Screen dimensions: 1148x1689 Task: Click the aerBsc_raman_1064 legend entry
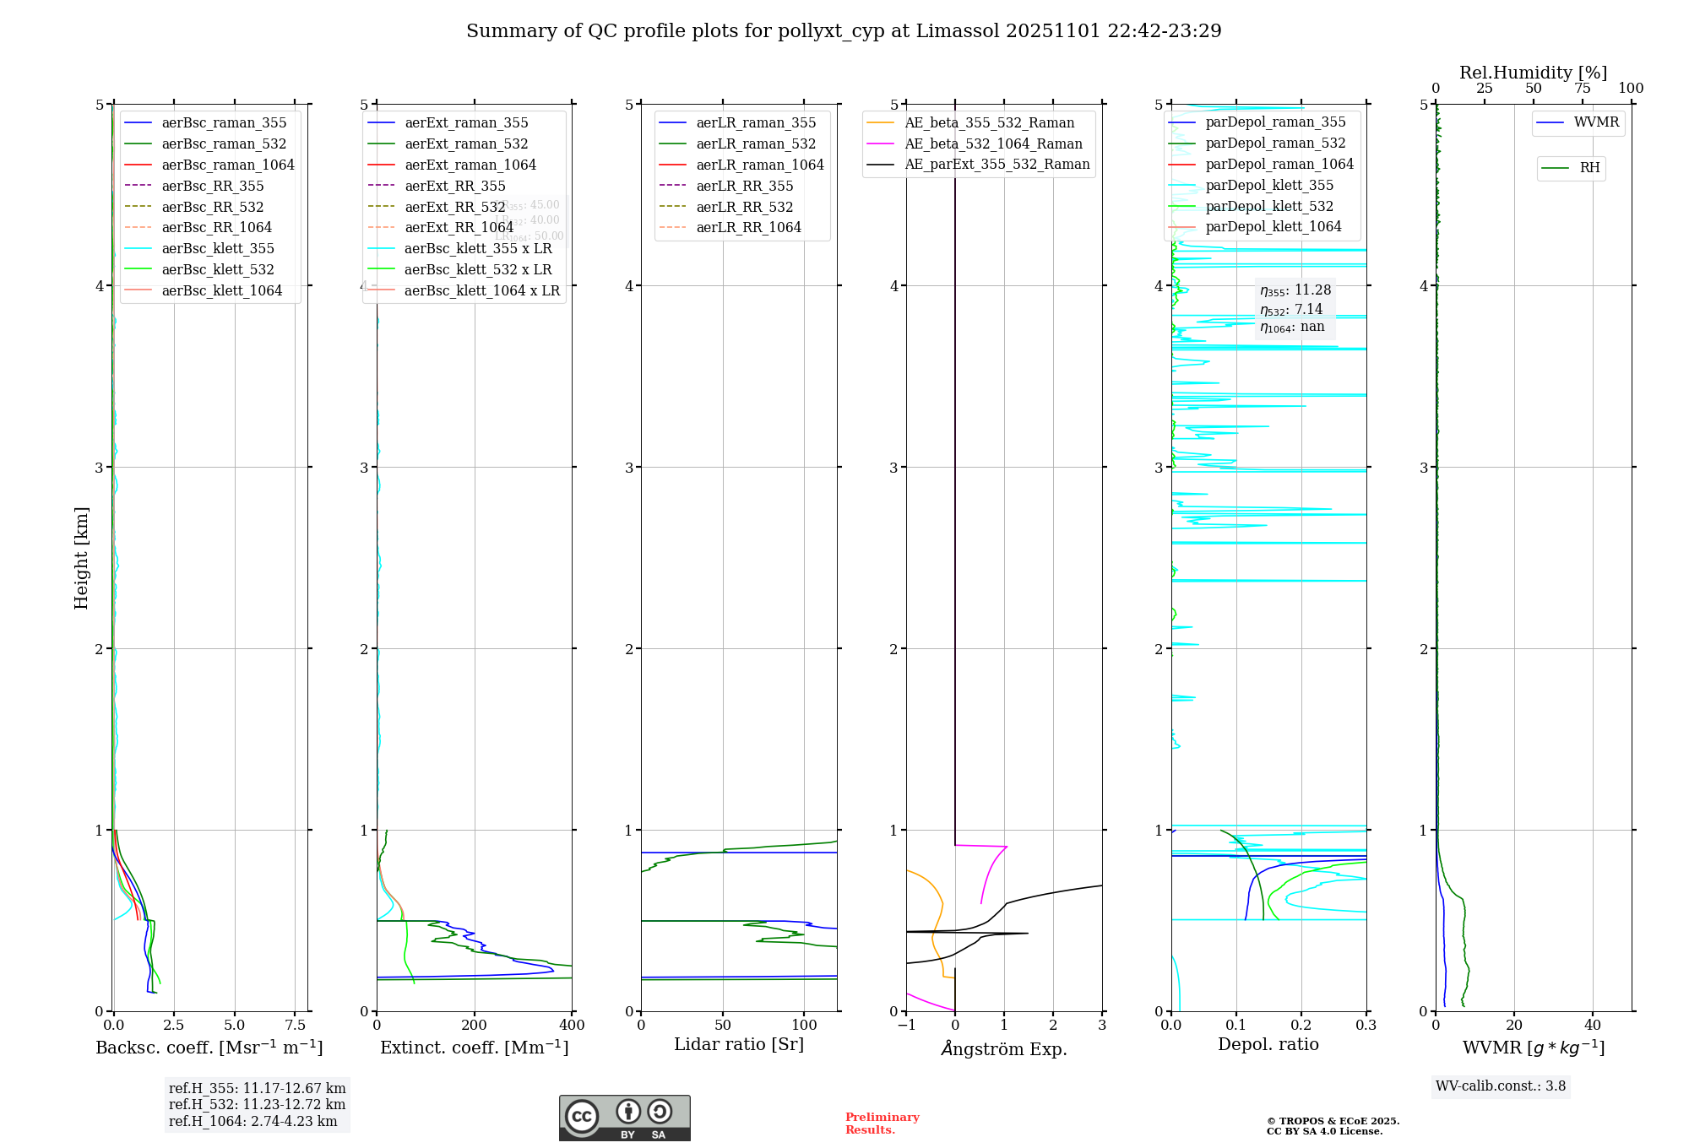[x=228, y=165]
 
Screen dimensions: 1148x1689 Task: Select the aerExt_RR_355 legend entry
[x=454, y=186]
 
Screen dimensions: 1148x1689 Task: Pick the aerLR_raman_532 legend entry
[x=756, y=143]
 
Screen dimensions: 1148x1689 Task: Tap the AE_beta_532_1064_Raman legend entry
[x=993, y=143]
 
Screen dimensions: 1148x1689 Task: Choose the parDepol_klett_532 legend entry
[x=1269, y=206]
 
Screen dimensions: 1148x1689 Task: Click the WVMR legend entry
[x=1596, y=122]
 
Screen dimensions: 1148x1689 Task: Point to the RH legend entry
[x=1589, y=168]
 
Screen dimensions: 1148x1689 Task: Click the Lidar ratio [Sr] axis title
[x=739, y=1044]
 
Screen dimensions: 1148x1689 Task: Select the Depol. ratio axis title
[x=1268, y=1044]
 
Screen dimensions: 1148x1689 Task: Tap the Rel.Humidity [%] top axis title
[x=1533, y=73]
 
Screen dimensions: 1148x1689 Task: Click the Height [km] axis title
[x=81, y=557]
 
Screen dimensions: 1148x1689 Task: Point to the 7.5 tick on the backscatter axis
[x=295, y=1026]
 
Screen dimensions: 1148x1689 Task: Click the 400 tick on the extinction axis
[x=572, y=1026]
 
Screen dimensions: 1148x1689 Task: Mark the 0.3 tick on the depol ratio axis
[x=1366, y=1026]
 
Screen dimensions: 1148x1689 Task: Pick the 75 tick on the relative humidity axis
[x=1582, y=88]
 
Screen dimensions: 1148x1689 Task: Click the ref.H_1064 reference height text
[x=253, y=1121]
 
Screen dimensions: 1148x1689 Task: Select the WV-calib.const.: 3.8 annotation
[x=1500, y=1086]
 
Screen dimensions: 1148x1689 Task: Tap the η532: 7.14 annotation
[x=1291, y=309]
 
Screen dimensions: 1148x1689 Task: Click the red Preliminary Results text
[x=882, y=1124]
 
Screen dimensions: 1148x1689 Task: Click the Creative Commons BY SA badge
[x=624, y=1118]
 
